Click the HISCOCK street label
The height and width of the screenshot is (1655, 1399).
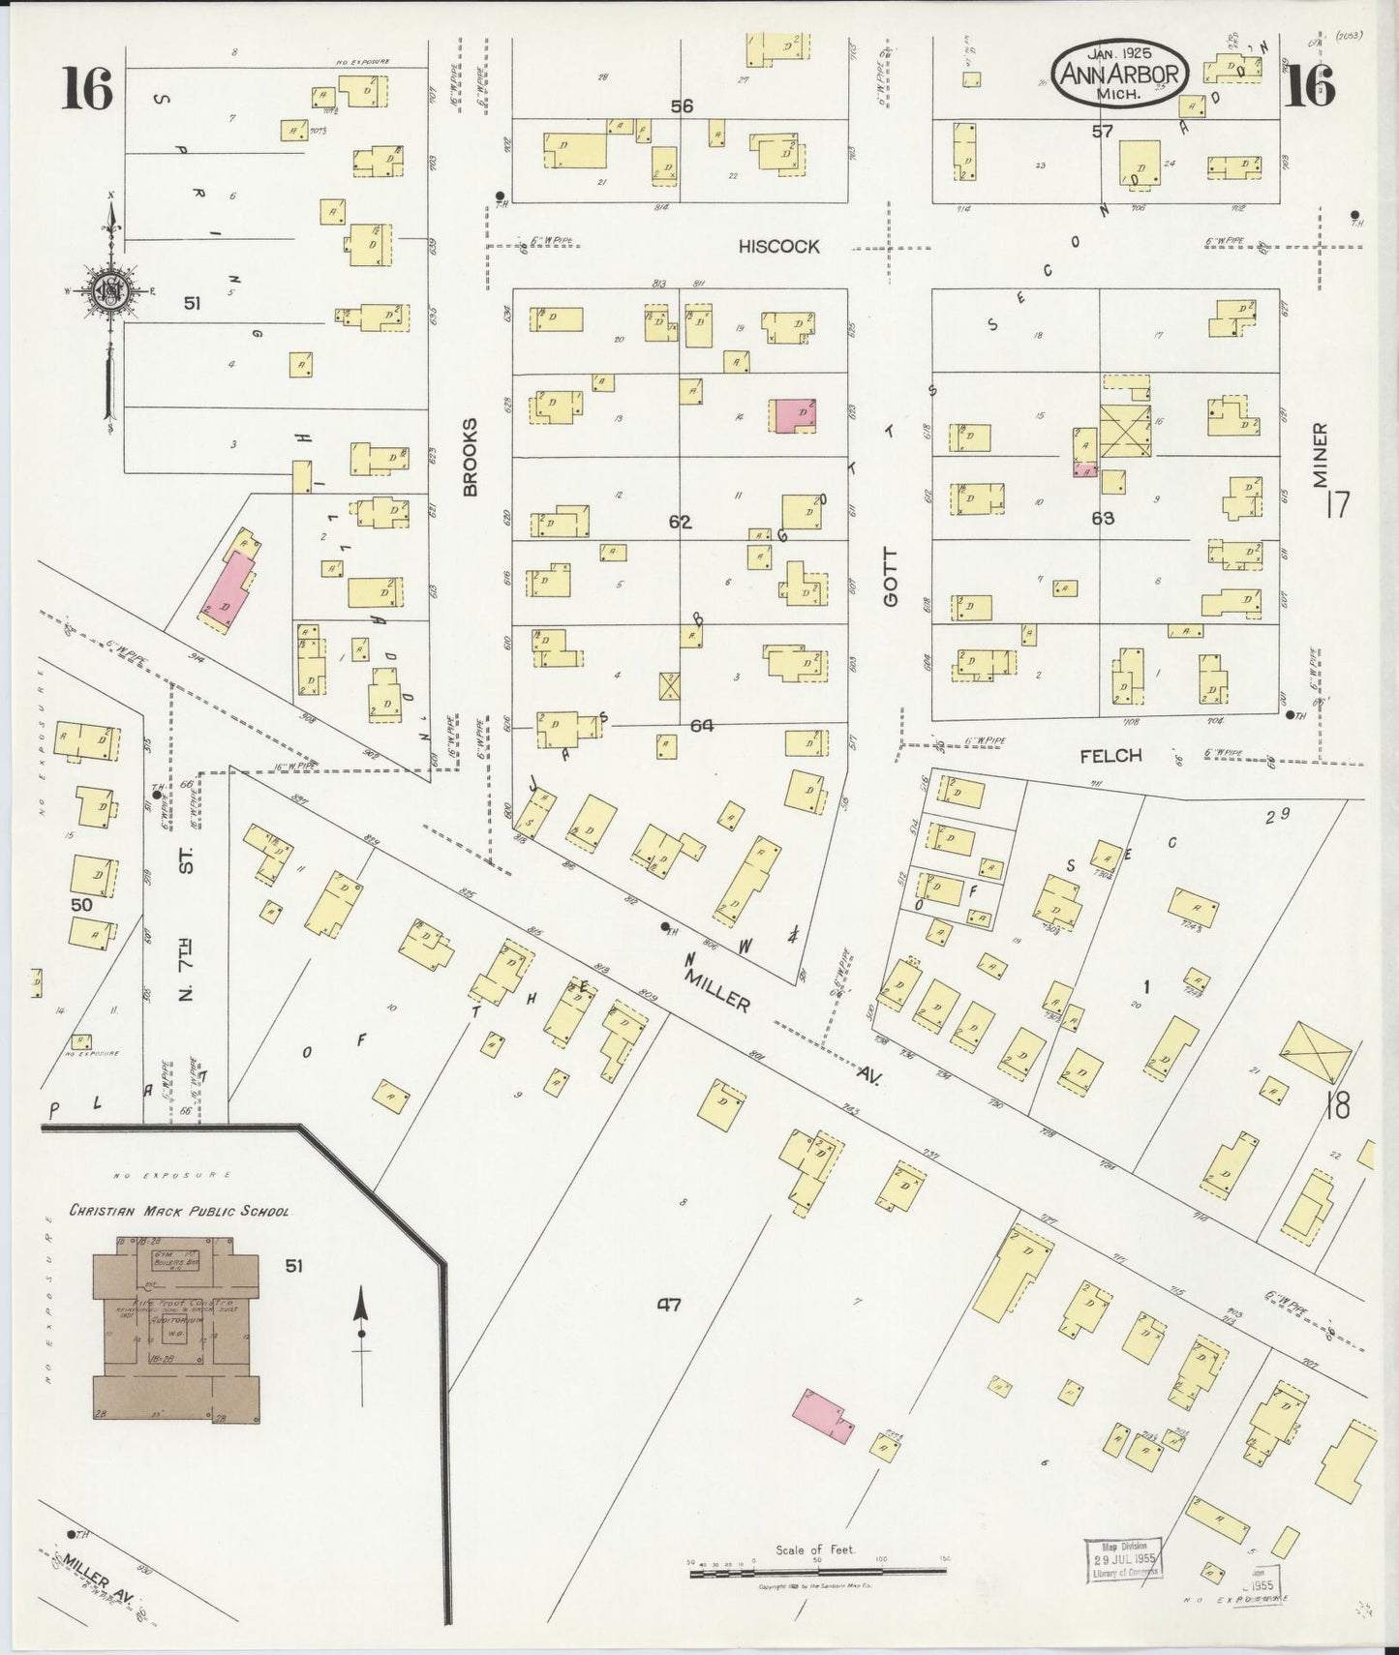pos(778,247)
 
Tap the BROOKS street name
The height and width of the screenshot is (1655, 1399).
pos(471,457)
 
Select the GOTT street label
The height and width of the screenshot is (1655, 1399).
pos(891,578)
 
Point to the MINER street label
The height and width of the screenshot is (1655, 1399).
pos(1321,455)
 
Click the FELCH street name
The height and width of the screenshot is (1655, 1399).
pos(1110,756)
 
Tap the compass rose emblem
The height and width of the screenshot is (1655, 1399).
pos(108,290)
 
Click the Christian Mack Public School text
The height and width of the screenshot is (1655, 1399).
pos(178,1211)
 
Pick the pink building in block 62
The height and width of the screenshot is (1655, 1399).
pos(794,414)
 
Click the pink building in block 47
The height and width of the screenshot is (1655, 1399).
pos(823,1417)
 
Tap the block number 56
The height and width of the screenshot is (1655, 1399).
pos(682,106)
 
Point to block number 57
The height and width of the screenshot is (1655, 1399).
pos(1102,131)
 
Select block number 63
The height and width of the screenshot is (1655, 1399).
pos(1102,519)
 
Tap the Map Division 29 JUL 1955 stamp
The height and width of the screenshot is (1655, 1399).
pos(1124,1559)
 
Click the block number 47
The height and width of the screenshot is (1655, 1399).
pos(668,1306)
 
